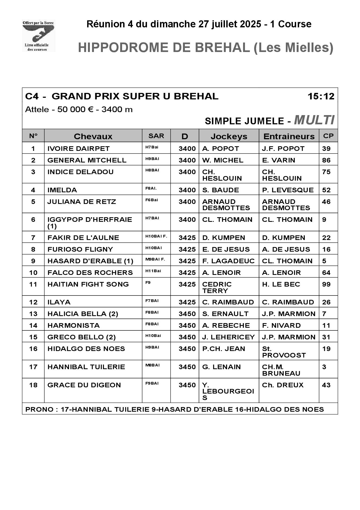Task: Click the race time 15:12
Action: click(321, 96)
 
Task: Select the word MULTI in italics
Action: click(314, 120)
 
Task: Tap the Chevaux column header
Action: click(93, 136)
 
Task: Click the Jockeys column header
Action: click(229, 136)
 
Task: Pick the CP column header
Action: click(328, 136)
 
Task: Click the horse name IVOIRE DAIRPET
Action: click(78, 148)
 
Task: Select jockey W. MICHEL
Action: click(222, 160)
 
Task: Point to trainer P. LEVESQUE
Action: click(288, 190)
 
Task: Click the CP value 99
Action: click(326, 284)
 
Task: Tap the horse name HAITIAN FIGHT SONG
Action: click(88, 284)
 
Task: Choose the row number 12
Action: click(33, 302)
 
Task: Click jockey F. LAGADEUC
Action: click(228, 261)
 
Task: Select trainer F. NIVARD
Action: click(281, 325)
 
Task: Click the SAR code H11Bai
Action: click(153, 271)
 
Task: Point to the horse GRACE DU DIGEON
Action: click(84, 385)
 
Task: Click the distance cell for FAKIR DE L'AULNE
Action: click(187, 238)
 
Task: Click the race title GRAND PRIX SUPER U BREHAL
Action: click(135, 96)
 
